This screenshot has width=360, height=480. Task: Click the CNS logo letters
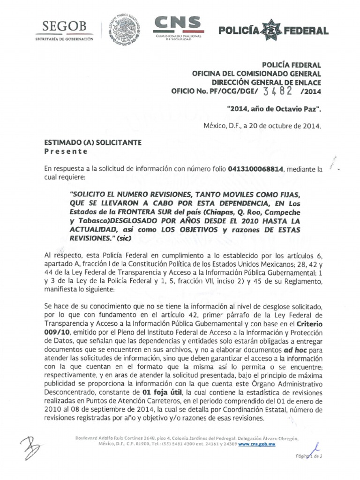point(177,23)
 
